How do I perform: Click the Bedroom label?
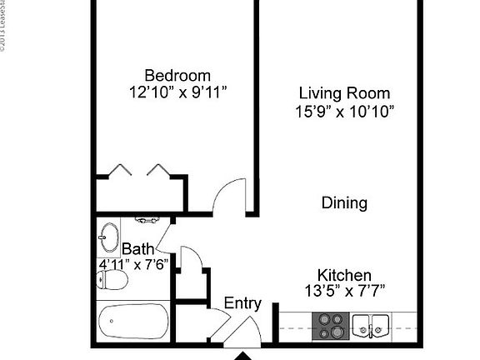coord(177,75)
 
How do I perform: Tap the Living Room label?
coord(344,93)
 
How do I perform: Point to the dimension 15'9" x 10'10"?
coord(344,110)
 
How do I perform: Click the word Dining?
coord(344,202)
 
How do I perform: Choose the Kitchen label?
coord(344,275)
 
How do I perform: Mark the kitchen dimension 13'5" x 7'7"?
coord(344,291)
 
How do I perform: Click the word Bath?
coord(137,248)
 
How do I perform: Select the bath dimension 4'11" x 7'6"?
coord(133,264)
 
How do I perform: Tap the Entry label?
coord(242,303)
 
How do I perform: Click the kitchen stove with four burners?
coord(329,326)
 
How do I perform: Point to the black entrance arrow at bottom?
coord(242,355)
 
